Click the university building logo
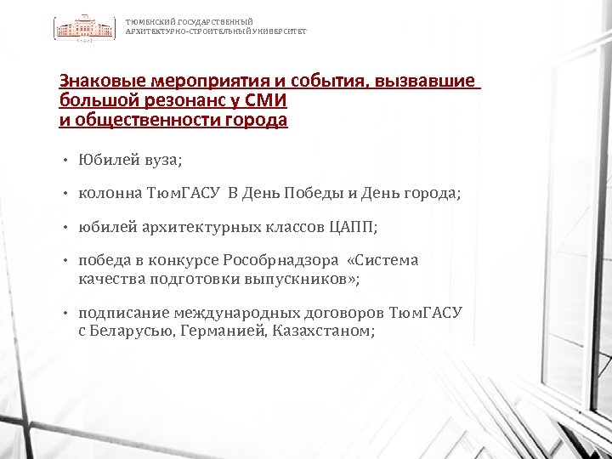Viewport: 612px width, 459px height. [85, 27]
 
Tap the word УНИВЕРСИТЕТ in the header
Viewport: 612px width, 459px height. [280, 31]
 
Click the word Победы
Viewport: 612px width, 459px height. [318, 194]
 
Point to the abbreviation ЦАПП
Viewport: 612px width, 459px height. [354, 228]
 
